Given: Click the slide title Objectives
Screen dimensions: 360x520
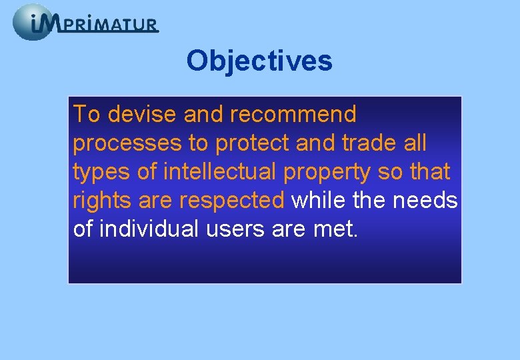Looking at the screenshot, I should [259, 61].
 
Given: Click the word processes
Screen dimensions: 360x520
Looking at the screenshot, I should [125, 143].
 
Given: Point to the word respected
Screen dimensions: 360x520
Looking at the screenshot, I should [232, 201].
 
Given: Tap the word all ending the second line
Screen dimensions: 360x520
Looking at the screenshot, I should [415, 143].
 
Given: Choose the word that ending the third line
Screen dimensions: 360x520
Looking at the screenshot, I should [430, 172].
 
